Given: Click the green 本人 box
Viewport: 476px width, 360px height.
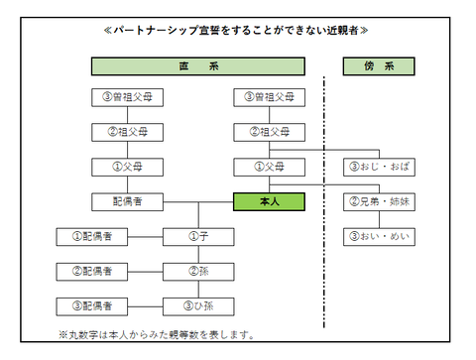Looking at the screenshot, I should (268, 201).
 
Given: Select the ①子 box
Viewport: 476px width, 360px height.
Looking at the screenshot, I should (197, 236).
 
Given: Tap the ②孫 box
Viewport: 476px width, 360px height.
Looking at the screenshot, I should (197, 270).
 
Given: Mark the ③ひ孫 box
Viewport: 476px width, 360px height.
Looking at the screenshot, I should (197, 304).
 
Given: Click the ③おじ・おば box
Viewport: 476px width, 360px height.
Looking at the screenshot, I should (379, 167).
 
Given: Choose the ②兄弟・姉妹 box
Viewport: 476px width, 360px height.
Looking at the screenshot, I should (379, 201).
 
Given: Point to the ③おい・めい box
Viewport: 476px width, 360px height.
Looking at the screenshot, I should (379, 236).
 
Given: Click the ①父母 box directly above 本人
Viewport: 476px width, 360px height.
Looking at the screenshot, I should (268, 167).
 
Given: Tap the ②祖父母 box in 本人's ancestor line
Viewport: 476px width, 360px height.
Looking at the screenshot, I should (268, 132).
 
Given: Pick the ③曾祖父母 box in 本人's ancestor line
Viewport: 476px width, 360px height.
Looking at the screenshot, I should (268, 97).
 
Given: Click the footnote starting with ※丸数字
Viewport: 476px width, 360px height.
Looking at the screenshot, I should (156, 334).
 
